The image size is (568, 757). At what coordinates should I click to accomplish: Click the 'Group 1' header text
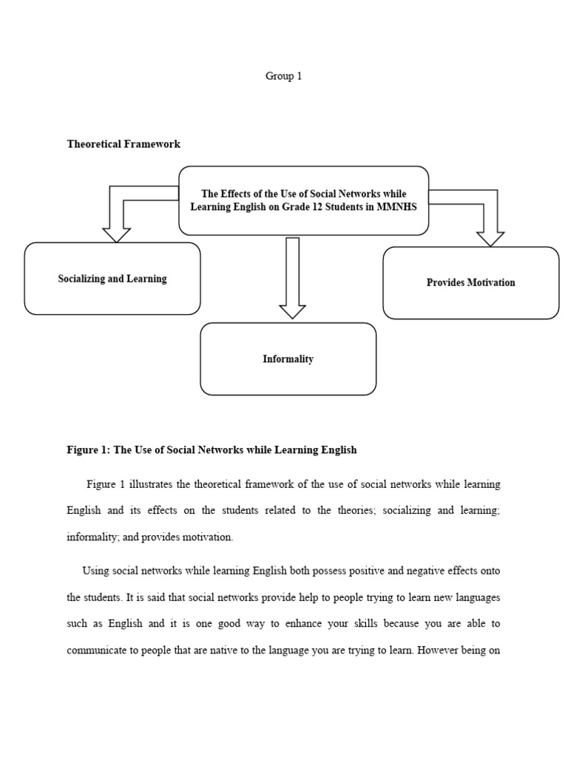[283, 76]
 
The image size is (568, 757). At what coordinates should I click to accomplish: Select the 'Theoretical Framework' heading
[124, 144]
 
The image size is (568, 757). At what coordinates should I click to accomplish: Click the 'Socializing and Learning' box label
[112, 279]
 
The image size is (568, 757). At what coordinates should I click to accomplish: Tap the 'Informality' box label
[288, 359]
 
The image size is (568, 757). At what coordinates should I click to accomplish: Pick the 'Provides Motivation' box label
[470, 282]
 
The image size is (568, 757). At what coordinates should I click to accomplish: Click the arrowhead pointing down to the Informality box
[292, 310]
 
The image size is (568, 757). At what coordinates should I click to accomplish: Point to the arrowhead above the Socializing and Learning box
[115, 234]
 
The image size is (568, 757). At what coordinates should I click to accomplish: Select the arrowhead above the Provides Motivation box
[490, 238]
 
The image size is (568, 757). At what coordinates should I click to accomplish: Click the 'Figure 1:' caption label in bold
[88, 450]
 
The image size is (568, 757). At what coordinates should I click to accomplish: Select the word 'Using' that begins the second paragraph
[95, 571]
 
